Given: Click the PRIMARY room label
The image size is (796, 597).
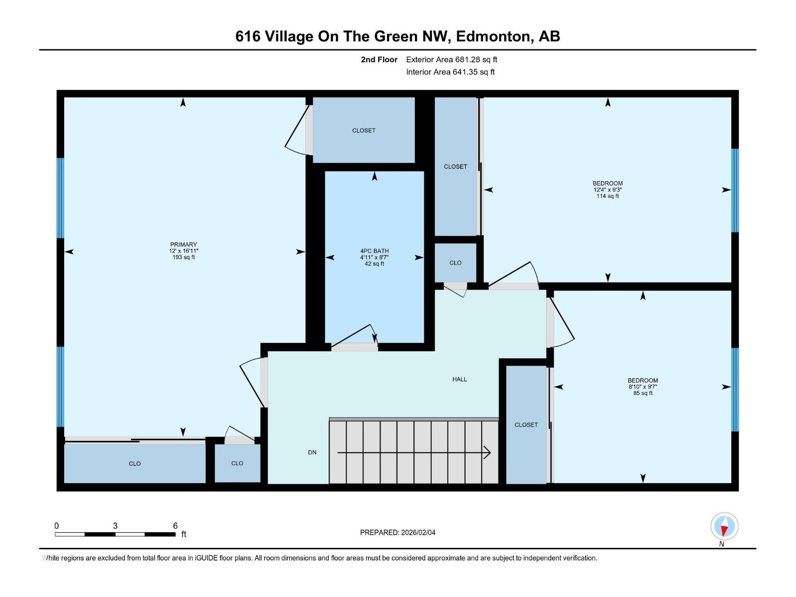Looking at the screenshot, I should point(184,244).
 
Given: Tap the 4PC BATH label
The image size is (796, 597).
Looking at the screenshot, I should point(374,251).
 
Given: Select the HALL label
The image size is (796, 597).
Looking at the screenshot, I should point(459,379).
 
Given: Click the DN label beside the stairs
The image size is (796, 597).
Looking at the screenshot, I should point(312,452).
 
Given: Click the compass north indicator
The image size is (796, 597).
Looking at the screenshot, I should point(724,526).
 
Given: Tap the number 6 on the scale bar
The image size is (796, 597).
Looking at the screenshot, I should point(175,526).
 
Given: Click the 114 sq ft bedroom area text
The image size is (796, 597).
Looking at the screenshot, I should point(607,196).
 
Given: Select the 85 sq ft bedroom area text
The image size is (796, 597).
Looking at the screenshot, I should point(643,393).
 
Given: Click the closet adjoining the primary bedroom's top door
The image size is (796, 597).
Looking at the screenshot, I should point(364,130).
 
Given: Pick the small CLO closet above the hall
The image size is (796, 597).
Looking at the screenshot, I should point(455,263).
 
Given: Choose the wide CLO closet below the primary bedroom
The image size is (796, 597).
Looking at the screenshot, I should point(134,463).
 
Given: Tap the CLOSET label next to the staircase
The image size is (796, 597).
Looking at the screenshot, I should point(526,425).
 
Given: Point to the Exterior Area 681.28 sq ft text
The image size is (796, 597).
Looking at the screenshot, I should point(451,60).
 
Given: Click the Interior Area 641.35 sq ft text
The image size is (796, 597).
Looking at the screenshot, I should point(450,72).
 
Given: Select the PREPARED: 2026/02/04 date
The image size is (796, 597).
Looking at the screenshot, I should point(398,532).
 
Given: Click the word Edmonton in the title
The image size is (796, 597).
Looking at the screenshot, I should point(493,36).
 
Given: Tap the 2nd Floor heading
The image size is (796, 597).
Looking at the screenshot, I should point(379,60).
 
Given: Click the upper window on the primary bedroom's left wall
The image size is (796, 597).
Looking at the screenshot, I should point(60,198).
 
